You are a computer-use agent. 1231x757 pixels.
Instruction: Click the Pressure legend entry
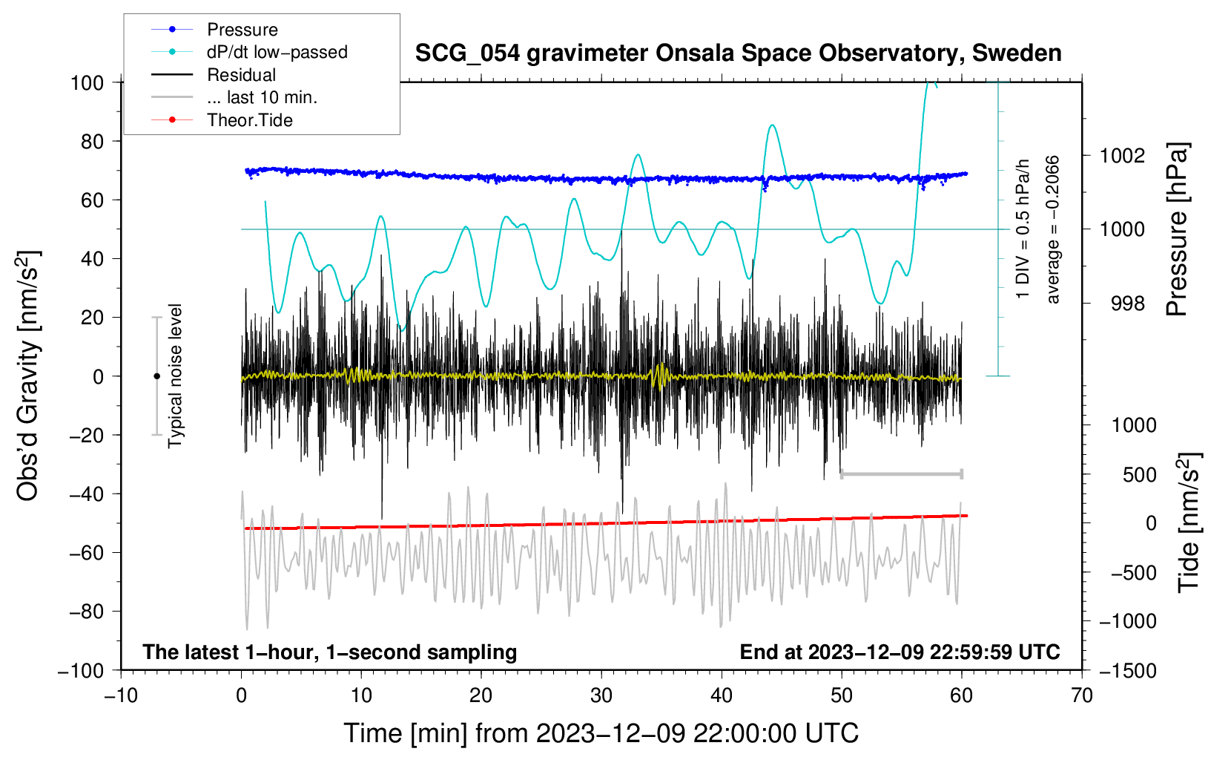pos(242,30)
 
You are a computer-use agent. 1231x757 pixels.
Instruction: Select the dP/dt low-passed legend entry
pos(277,52)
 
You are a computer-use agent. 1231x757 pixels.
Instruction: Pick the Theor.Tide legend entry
pos(249,120)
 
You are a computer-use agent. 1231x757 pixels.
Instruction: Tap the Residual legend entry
pos(241,75)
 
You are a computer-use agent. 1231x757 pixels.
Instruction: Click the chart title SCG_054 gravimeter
pos(738,53)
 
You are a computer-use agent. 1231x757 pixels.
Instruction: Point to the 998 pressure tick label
pos(1122,304)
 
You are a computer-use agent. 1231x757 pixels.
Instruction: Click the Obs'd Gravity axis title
pos(28,376)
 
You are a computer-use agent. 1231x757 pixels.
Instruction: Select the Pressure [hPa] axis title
pos(1177,229)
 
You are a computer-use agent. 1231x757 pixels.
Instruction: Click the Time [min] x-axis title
pos(601,733)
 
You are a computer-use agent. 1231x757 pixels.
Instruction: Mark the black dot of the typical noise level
pos(156,376)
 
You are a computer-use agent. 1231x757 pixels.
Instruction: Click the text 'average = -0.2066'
pos(1052,229)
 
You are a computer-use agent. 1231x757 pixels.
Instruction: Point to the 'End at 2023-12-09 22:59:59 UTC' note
pos(900,652)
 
